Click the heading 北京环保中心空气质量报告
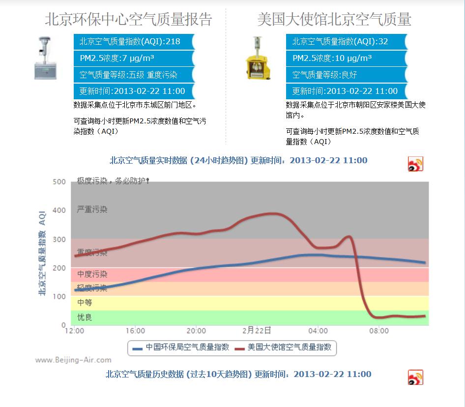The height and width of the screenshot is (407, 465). coord(128,19)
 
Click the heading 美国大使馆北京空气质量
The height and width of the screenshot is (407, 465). coord(334,19)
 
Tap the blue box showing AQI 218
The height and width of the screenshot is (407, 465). coord(134,42)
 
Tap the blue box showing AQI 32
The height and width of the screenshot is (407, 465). coord(347,42)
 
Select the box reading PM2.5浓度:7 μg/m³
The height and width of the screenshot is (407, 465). coord(134,58)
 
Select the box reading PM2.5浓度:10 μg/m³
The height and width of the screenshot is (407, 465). coord(347,58)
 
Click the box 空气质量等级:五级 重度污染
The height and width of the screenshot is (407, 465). coord(134,75)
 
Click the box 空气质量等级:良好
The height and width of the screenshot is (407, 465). coord(347,75)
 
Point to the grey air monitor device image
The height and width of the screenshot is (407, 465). coord(45,58)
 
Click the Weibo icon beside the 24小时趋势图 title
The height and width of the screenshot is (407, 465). coord(415,164)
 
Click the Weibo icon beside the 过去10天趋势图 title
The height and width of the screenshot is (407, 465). coord(415,378)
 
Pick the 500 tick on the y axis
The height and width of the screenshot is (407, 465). coord(59,182)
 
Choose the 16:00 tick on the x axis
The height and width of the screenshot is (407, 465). coord(135,331)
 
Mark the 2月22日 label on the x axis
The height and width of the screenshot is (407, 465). coord(257,330)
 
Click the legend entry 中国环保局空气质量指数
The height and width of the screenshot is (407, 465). coord(181,348)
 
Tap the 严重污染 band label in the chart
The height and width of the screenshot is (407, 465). coord(92,209)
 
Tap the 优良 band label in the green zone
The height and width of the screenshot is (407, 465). coord(85,318)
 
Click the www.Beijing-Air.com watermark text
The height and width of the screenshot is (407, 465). coord(73,360)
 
